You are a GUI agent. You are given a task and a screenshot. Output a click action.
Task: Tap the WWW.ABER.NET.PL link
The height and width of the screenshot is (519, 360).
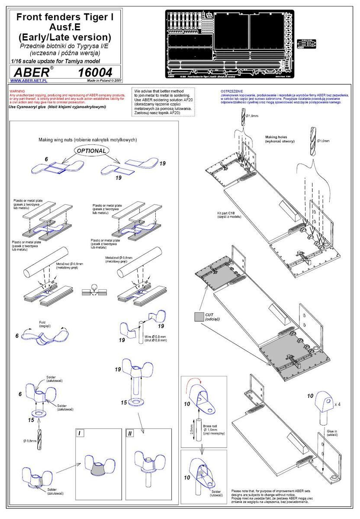click(x=29, y=80)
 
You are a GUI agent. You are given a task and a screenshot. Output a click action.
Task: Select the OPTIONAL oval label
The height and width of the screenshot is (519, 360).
click(x=91, y=151)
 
